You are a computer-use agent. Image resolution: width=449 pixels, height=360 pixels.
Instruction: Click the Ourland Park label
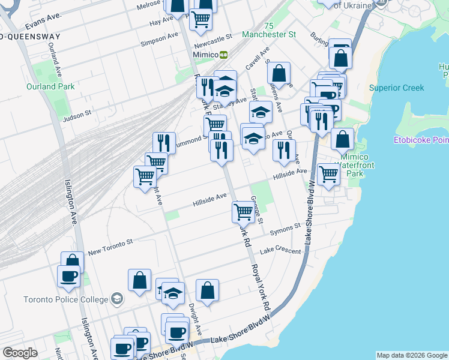(50, 86)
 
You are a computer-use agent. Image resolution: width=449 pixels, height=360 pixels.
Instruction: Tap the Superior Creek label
(396, 88)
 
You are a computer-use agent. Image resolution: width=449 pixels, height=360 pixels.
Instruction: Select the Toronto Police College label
(66, 299)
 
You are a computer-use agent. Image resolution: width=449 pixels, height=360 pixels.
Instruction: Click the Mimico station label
(205, 54)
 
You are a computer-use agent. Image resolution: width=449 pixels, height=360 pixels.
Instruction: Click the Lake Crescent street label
(280, 251)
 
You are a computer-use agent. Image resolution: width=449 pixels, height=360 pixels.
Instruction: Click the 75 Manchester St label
(271, 30)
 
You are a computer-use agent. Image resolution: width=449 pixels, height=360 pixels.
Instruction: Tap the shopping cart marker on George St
(243, 211)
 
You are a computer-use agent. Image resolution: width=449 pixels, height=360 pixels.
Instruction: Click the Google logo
(20, 353)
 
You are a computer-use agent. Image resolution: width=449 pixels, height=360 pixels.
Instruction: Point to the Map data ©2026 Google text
(412, 355)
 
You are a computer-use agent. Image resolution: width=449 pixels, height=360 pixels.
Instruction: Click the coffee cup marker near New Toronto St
(68, 276)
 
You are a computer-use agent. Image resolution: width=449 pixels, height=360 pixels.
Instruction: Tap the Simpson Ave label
(159, 39)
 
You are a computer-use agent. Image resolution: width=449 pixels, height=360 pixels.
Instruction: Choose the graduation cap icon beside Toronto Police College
(118, 299)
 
